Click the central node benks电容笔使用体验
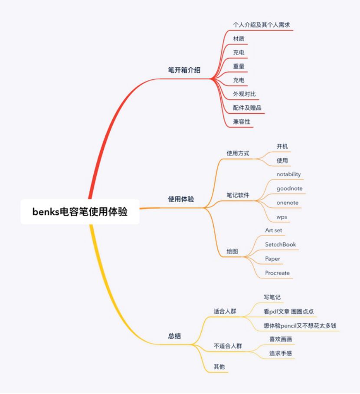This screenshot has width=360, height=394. (x=80, y=212)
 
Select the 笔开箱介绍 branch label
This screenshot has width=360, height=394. (x=184, y=70)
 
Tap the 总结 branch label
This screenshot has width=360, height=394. (x=175, y=335)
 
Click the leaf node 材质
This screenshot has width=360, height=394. (x=239, y=39)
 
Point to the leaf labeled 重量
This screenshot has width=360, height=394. (x=239, y=66)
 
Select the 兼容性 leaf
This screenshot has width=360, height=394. (x=242, y=121)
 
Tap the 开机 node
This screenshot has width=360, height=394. (x=282, y=146)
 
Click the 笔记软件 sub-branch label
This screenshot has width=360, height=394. (x=238, y=196)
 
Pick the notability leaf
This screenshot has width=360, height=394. (x=288, y=174)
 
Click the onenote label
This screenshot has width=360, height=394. (x=287, y=203)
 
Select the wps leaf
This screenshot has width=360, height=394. (x=281, y=217)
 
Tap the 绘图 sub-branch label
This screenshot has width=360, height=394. (x=232, y=252)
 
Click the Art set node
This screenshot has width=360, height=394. (x=274, y=230)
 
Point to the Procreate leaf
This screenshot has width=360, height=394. (x=277, y=273)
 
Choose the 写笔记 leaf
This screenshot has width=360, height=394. (x=273, y=297)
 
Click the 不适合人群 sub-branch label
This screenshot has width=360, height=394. (x=228, y=346)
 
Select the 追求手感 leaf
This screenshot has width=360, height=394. (x=280, y=353)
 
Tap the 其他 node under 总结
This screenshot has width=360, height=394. (x=219, y=367)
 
